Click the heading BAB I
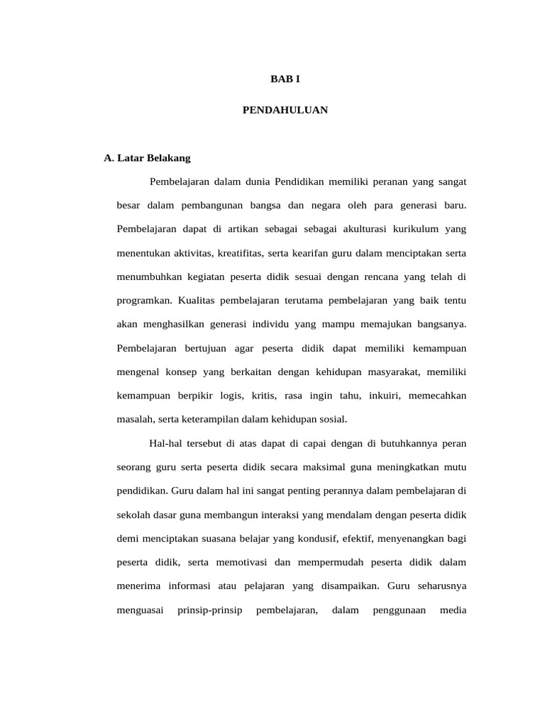285,79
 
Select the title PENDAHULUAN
285,111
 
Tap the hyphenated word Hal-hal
166,443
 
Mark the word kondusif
311,538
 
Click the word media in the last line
453,610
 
